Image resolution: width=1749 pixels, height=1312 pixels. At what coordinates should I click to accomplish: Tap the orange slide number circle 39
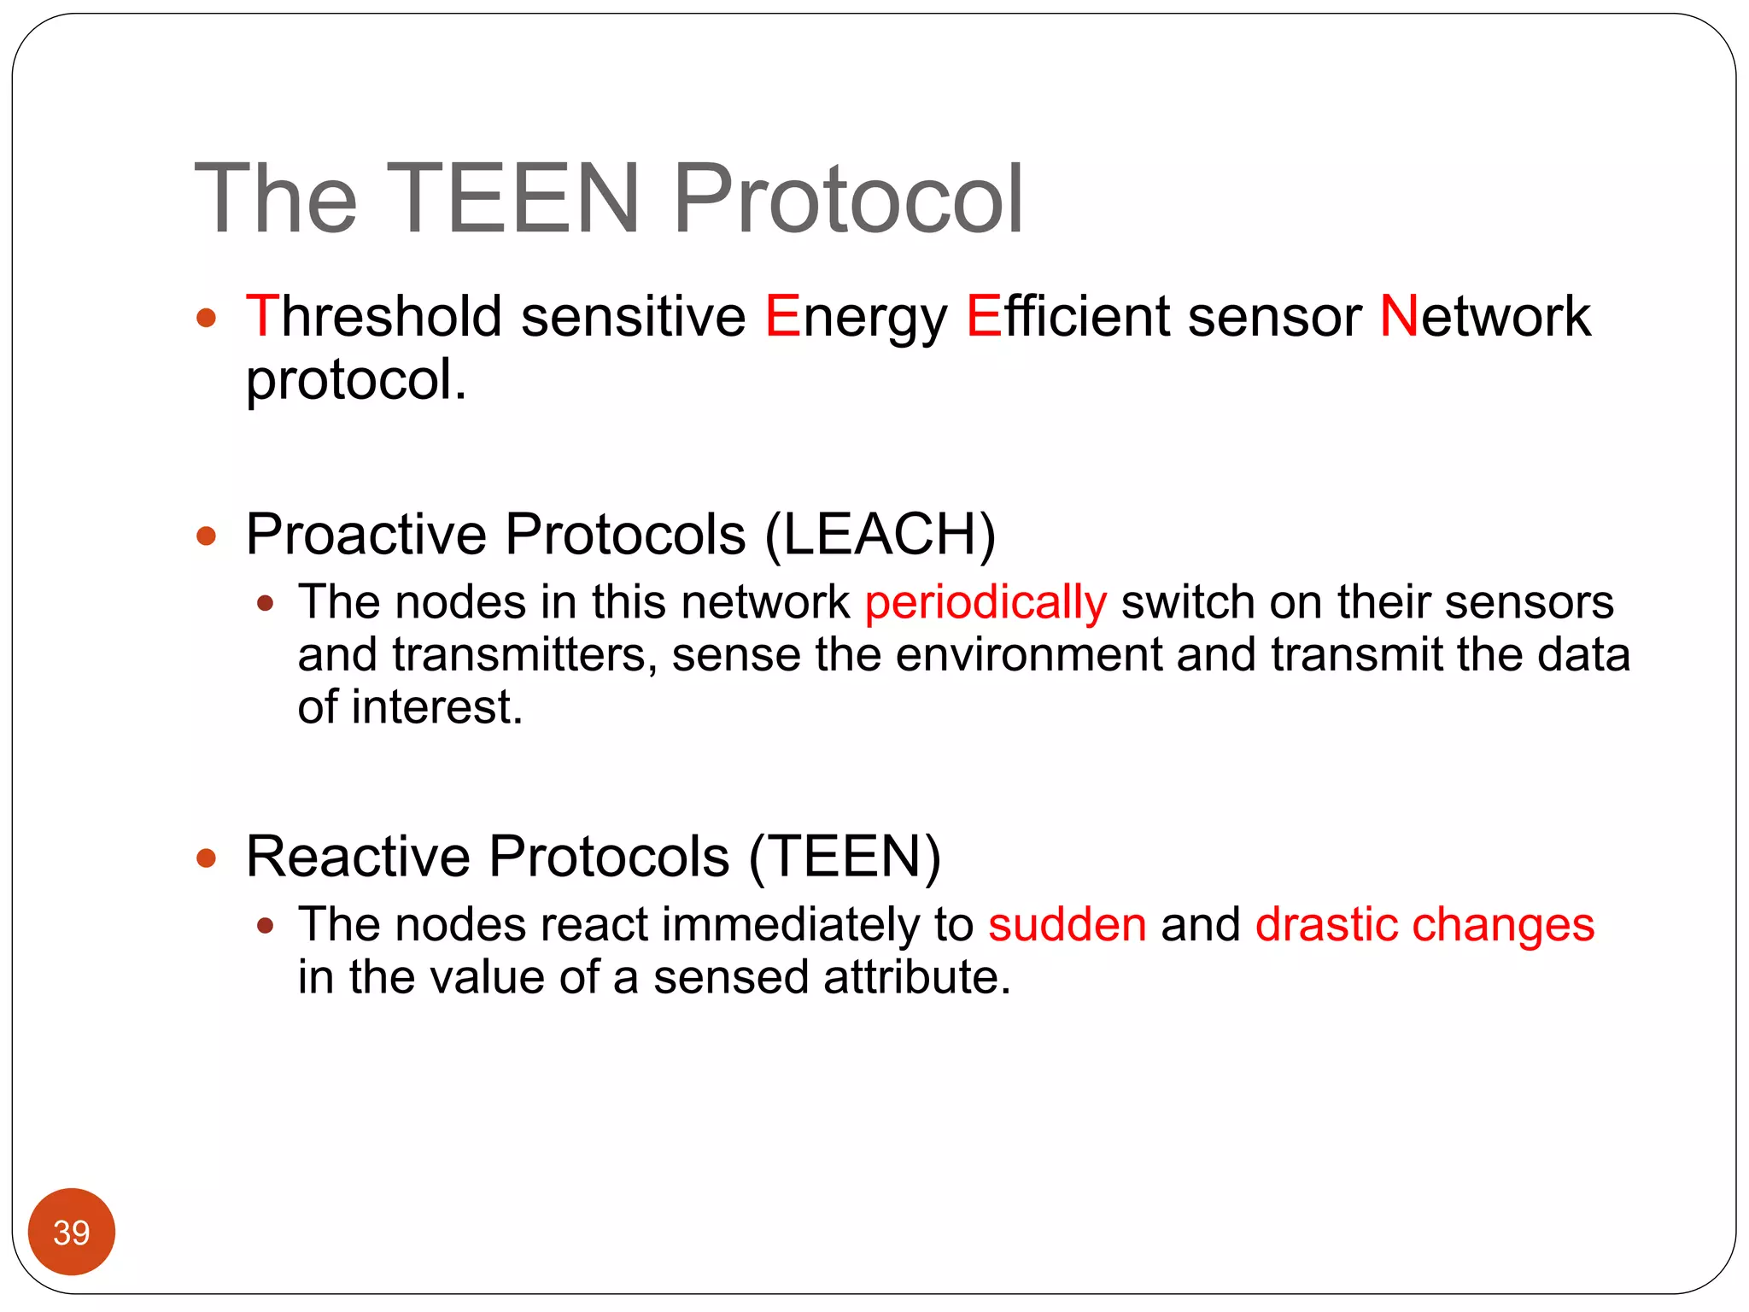click(72, 1232)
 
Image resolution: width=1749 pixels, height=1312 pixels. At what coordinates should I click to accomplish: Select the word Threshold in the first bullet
click(373, 316)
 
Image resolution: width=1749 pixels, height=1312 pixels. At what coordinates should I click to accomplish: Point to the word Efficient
click(1068, 316)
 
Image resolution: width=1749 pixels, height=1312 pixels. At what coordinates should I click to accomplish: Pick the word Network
click(1485, 316)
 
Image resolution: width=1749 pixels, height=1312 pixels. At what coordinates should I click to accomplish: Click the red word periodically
click(986, 603)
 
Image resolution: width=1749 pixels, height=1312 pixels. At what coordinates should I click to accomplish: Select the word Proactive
click(366, 535)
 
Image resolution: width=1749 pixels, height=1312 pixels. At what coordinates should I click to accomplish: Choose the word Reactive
click(358, 856)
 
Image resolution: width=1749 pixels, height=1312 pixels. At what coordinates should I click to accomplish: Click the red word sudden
click(1067, 924)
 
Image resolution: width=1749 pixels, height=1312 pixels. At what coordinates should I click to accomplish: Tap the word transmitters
click(524, 655)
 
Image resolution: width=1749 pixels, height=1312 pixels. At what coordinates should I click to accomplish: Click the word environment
click(1028, 655)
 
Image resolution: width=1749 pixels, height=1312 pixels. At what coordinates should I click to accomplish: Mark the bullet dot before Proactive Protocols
click(206, 536)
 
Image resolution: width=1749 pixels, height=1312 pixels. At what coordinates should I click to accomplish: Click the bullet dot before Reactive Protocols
click(206, 858)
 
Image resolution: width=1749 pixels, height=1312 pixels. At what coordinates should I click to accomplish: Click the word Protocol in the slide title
click(848, 198)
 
